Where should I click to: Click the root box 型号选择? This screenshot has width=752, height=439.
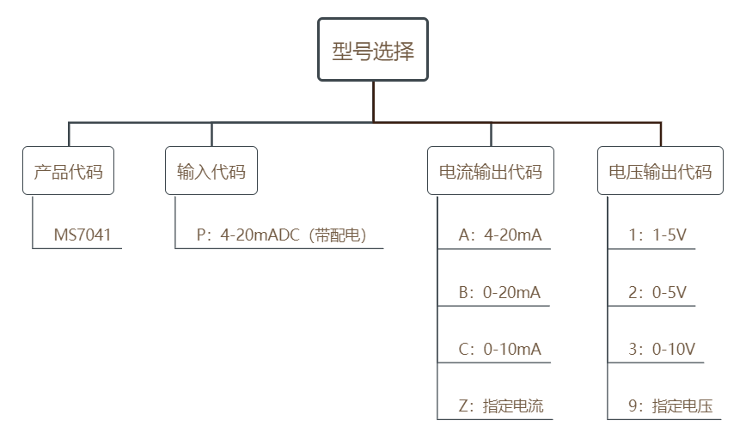click(x=373, y=49)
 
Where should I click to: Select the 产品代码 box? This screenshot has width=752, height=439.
click(x=68, y=171)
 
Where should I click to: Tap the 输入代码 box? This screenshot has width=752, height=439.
click(x=211, y=171)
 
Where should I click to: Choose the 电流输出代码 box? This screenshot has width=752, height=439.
click(x=491, y=171)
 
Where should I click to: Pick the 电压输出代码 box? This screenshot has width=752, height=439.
click(x=660, y=171)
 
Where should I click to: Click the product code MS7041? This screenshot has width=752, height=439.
click(x=83, y=235)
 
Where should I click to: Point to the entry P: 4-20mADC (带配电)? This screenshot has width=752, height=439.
click(x=282, y=235)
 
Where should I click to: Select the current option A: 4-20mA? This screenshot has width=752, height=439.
click(x=500, y=235)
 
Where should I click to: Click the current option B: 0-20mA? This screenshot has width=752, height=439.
click(x=499, y=292)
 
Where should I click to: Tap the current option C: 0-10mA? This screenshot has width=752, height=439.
click(x=499, y=349)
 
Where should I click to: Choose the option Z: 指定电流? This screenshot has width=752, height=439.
click(x=501, y=406)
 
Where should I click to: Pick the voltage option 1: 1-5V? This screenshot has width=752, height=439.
click(x=657, y=235)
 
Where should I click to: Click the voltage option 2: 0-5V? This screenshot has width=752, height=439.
click(x=657, y=292)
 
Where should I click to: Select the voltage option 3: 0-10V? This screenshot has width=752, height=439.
click(x=662, y=349)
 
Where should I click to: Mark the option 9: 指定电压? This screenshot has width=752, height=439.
click(x=670, y=406)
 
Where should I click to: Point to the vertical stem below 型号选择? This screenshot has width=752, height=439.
click(x=373, y=101)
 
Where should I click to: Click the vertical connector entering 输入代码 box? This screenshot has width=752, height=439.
click(x=211, y=134)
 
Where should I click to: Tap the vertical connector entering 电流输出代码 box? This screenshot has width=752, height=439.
click(x=491, y=134)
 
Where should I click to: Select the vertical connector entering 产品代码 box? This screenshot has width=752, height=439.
click(x=69, y=134)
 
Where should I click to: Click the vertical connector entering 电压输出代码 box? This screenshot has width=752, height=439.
click(x=661, y=134)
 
